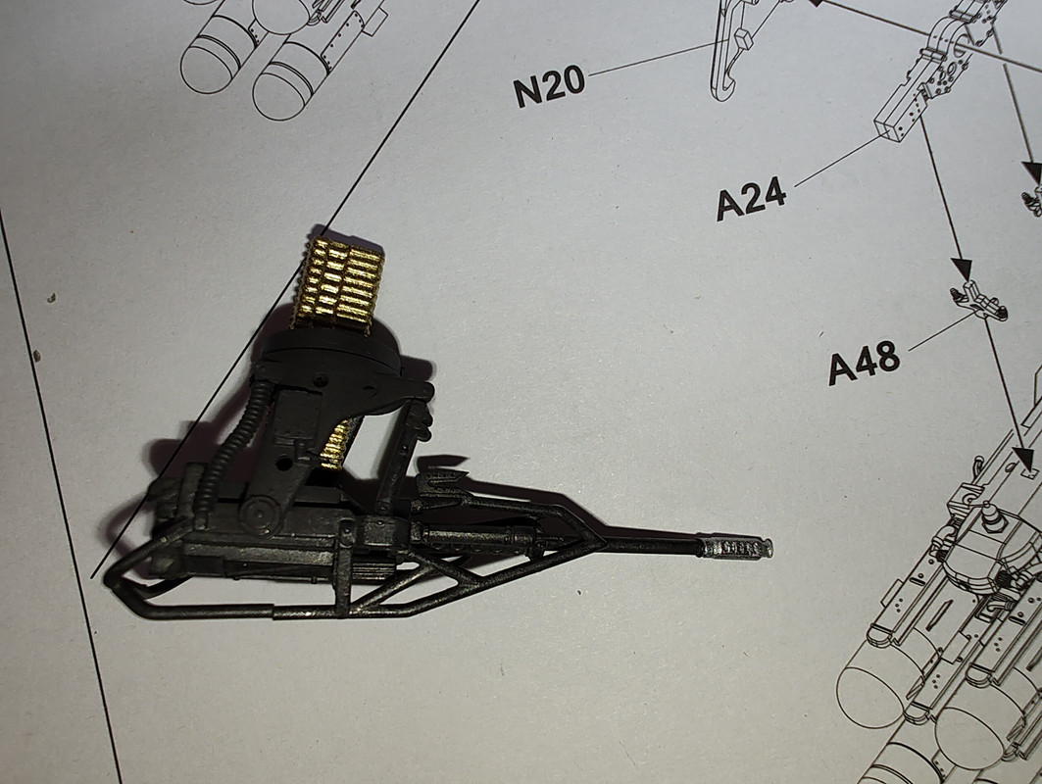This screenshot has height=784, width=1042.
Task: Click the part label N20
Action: point(549,87)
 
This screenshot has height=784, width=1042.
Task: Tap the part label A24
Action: point(751,200)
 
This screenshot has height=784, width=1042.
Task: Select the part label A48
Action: point(864,363)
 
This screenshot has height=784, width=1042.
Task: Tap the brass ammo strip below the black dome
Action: point(338,442)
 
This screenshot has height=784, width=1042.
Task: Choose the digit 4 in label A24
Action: point(773,195)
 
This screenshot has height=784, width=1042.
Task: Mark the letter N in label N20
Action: point(527,91)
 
